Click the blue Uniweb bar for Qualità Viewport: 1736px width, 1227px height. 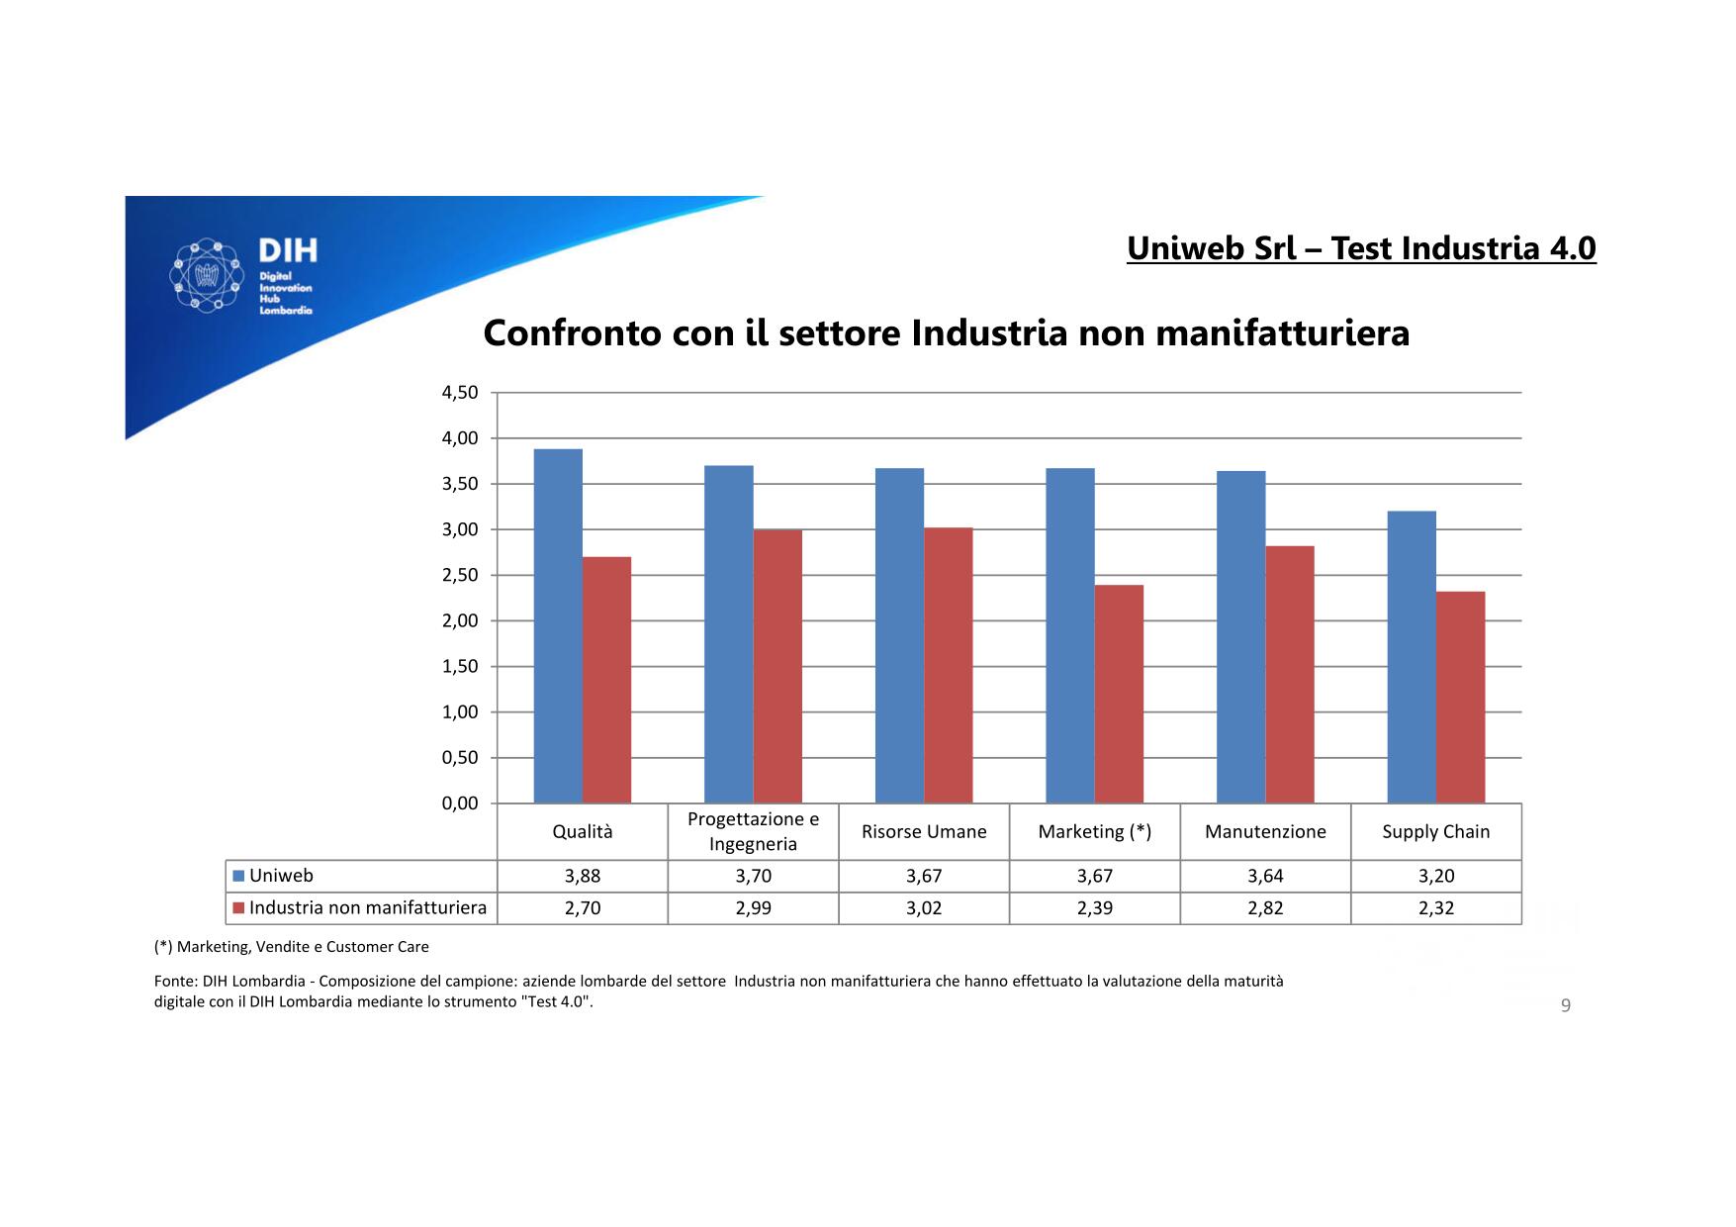(558, 625)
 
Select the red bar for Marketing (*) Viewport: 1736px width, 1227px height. (1119, 694)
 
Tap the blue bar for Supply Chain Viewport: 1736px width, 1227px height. (1412, 656)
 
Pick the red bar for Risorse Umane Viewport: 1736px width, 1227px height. (948, 665)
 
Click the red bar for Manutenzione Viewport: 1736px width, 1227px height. (1290, 674)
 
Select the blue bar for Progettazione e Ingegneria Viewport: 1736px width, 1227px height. (729, 633)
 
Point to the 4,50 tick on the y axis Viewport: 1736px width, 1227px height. (460, 393)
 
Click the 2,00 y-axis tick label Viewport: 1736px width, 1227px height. (460, 621)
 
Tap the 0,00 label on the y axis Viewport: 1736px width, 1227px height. (460, 803)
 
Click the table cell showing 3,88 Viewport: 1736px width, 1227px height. (583, 876)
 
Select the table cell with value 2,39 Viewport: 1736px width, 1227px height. (1095, 908)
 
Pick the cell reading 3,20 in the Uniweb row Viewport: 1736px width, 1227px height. (1436, 876)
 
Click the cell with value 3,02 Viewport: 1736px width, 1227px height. (924, 908)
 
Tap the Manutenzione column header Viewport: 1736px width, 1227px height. (1265, 832)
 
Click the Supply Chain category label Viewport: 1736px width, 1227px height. (1436, 832)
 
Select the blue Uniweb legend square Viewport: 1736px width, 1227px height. (238, 876)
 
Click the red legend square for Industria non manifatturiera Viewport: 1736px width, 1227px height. (238, 908)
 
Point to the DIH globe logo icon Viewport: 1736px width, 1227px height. (208, 275)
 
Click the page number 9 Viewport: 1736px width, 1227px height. (1566, 1006)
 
